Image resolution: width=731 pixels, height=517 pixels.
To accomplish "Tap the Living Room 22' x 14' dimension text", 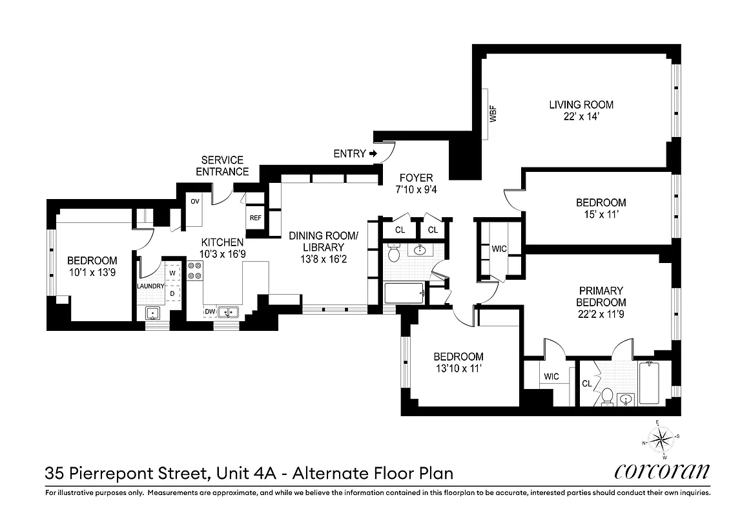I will tap(581, 116).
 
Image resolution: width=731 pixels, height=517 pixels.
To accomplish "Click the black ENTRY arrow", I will tap(373, 154).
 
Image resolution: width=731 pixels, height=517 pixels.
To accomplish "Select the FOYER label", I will tap(416, 178).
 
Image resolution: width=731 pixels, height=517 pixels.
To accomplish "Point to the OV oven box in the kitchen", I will tap(194, 201).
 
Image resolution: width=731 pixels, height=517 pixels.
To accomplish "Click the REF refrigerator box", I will tap(255, 218).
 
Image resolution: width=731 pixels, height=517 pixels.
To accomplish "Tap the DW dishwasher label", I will tap(209, 312).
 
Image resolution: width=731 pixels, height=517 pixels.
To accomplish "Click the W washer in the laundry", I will tap(172, 273).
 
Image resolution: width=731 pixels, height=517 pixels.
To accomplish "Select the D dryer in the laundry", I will tap(172, 293).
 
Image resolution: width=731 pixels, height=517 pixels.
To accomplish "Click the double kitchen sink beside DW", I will tap(227, 313).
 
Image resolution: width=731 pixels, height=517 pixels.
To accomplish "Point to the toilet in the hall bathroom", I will tap(393, 254).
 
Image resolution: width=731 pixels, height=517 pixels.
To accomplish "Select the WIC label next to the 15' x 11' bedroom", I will tap(499, 248).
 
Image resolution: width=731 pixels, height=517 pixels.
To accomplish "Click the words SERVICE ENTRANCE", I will tap(222, 166).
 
